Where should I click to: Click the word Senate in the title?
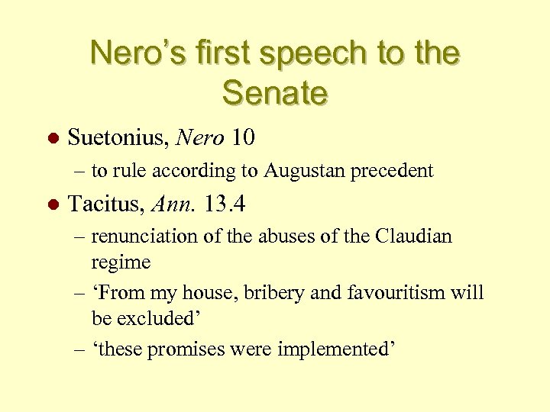tap(275, 93)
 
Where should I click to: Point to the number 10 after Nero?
tap(242, 138)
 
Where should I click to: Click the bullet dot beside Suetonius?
tap(53, 140)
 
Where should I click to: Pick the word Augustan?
tap(302, 171)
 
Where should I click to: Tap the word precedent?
tap(391, 171)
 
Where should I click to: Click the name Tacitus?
tap(106, 204)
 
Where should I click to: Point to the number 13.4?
tap(222, 204)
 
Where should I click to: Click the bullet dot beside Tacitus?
tap(53, 206)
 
